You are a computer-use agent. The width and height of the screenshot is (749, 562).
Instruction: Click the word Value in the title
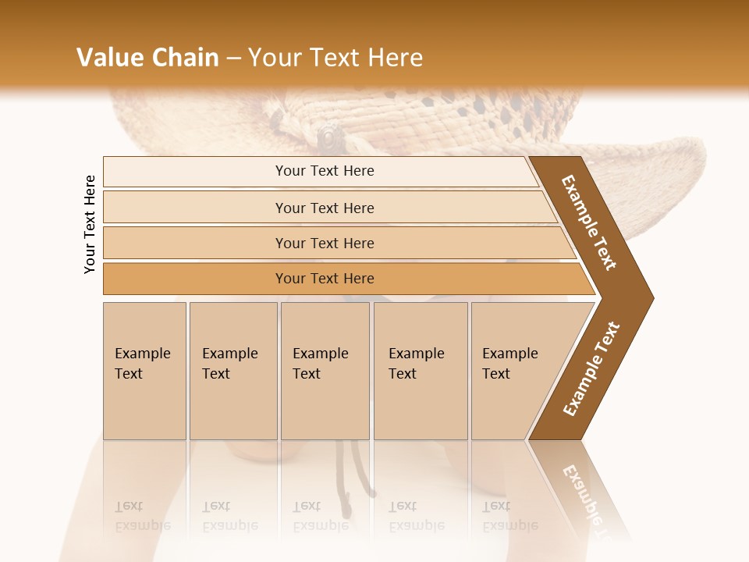[109, 58]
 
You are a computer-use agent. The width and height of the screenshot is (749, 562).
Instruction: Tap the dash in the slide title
[233, 59]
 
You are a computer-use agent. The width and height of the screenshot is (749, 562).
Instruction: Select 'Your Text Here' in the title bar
[335, 58]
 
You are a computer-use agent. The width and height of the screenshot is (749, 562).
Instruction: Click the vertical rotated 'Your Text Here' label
[90, 224]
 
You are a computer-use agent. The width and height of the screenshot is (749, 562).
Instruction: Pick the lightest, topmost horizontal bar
[324, 171]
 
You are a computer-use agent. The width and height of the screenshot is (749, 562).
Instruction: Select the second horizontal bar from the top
[324, 208]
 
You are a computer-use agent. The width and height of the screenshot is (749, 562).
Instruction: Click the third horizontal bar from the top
[324, 243]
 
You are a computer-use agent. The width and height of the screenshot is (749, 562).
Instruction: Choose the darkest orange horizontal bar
[324, 279]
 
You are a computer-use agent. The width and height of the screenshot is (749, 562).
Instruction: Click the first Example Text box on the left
[144, 371]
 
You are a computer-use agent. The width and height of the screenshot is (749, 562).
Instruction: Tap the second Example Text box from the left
[233, 371]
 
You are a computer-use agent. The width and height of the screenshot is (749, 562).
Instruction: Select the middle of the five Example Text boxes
[325, 371]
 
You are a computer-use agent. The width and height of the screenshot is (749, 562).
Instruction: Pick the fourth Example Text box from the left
[421, 371]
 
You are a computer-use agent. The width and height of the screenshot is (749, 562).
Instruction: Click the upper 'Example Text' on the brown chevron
[589, 222]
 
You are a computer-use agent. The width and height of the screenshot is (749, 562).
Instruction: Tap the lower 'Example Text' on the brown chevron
[591, 369]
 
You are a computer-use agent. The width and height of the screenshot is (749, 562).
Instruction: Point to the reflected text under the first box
[143, 516]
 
